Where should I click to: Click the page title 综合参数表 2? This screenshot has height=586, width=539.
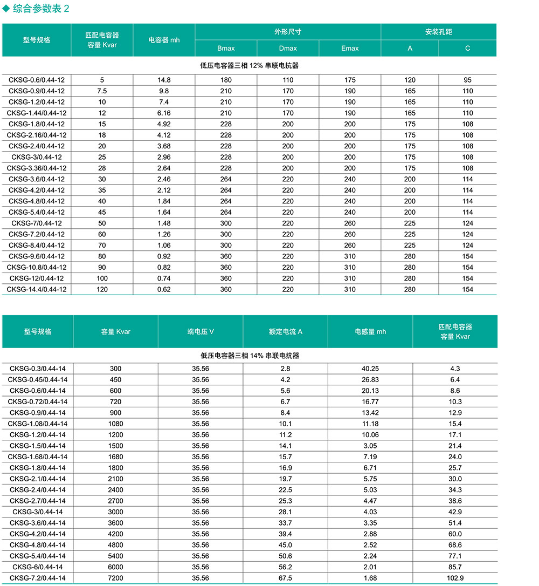(40, 9)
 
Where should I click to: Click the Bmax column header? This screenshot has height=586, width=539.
(226, 49)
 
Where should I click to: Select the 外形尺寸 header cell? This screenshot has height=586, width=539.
(288, 32)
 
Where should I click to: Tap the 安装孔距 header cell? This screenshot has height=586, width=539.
(438, 32)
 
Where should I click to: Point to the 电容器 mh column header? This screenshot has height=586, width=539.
(164, 40)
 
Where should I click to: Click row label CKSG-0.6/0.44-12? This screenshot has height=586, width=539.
(37, 80)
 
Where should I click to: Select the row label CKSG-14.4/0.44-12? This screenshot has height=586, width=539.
(37, 289)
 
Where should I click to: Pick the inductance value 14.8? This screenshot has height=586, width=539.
(164, 80)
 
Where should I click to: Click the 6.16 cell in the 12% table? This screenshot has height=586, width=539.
(164, 113)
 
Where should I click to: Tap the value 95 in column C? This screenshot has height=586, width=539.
(467, 80)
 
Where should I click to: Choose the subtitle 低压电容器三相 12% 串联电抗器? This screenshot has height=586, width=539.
(249, 65)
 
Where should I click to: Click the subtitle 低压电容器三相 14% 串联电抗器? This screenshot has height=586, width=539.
(250, 356)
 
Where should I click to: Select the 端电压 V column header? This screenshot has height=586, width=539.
(201, 332)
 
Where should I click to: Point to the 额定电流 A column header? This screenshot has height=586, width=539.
(285, 332)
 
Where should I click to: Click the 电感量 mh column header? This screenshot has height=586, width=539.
(370, 332)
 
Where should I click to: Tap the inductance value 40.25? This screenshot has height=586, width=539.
(370, 369)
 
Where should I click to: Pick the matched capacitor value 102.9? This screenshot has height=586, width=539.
(455, 578)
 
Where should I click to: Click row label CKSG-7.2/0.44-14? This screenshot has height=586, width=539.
(38, 578)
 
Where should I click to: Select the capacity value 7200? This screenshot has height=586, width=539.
(115, 578)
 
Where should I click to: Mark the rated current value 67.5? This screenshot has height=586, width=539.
(285, 578)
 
